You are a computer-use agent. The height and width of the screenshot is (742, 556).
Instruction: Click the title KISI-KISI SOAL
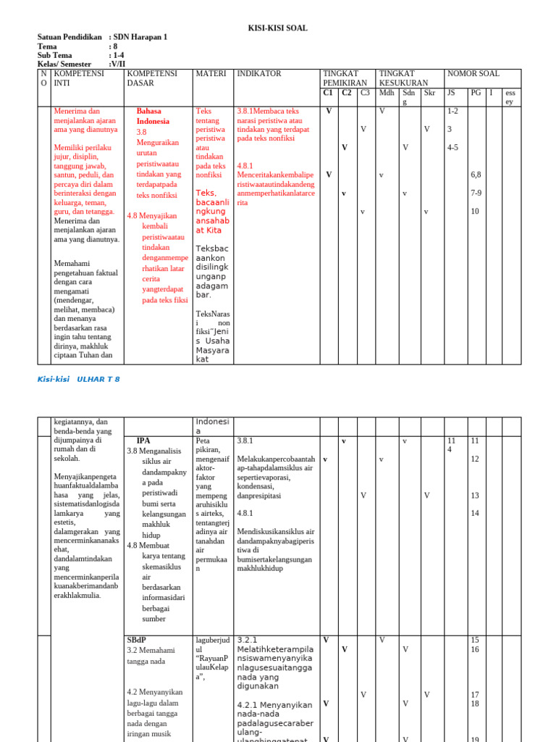[278, 28]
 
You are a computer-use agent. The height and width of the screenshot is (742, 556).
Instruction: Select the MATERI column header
[210, 74]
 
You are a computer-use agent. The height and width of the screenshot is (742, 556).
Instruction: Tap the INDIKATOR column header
[258, 74]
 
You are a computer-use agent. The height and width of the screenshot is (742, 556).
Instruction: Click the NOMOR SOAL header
[473, 74]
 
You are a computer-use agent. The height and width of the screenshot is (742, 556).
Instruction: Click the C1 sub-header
[328, 93]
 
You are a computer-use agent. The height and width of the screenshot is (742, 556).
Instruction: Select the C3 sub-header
[365, 93]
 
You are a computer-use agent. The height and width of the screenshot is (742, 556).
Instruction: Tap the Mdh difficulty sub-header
[387, 93]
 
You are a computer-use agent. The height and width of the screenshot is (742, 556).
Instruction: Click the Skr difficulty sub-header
[429, 93]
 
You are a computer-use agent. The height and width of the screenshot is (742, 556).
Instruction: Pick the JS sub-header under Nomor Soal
[451, 93]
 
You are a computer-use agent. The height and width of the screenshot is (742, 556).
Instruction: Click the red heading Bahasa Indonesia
[153, 116]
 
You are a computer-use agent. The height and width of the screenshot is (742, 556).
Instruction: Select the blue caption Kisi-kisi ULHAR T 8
[78, 379]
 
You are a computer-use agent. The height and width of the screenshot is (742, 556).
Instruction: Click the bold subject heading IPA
[143, 440]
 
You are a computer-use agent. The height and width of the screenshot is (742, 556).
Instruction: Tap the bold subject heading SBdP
[137, 641]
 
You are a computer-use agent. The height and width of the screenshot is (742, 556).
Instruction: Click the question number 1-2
[453, 111]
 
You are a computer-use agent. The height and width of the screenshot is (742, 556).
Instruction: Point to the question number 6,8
[476, 175]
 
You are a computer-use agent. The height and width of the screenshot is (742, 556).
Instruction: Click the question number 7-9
[476, 193]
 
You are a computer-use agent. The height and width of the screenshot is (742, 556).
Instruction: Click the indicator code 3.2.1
[248, 640]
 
